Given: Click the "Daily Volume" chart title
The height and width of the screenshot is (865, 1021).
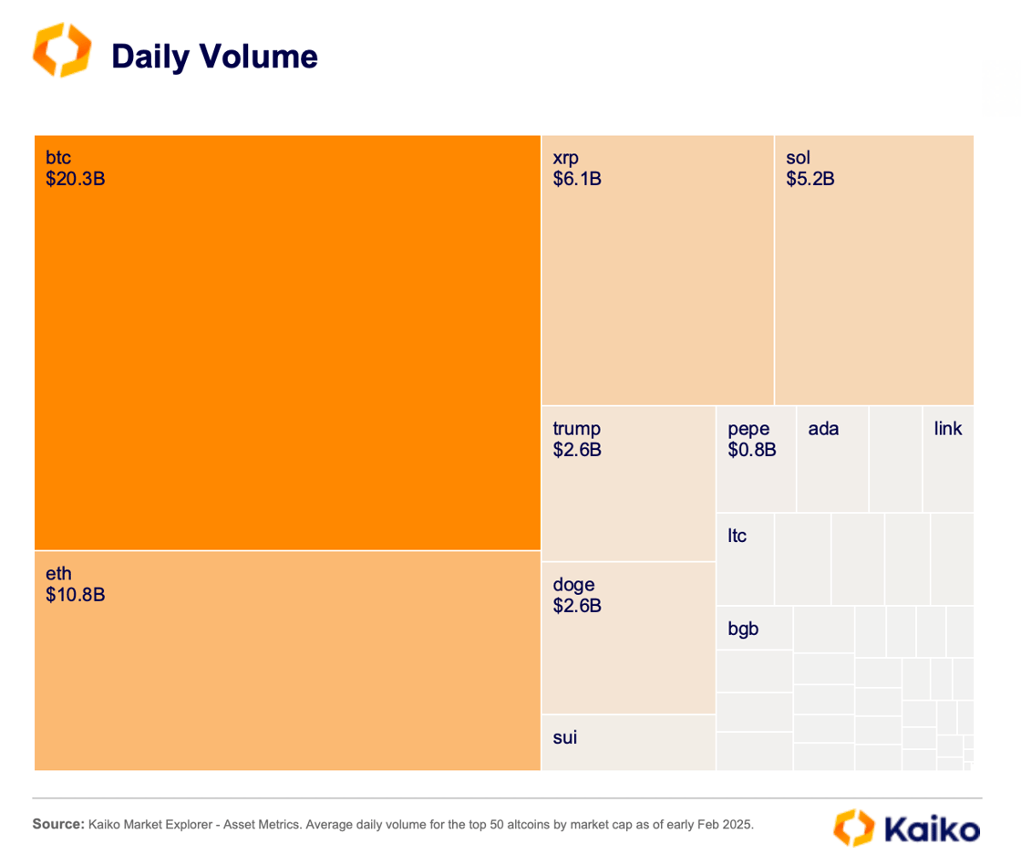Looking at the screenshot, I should point(214,57).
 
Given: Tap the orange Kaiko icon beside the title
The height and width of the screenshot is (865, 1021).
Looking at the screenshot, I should point(62,50).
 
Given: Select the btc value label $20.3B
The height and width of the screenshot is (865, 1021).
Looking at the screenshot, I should point(76,179).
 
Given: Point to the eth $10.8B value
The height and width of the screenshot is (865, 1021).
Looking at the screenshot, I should point(76,595).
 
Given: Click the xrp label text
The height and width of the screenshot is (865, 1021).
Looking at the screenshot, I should point(565,158).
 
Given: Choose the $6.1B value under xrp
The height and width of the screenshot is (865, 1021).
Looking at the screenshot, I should point(577,179).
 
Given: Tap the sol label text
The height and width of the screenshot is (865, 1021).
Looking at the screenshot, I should point(798,158).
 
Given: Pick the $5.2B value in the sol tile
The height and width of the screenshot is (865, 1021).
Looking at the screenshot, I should point(810,179).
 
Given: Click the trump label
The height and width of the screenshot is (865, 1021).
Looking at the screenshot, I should point(576,429).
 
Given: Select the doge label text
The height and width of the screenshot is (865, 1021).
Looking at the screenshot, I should point(573,585).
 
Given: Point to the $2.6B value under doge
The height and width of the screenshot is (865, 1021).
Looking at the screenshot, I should point(577,606).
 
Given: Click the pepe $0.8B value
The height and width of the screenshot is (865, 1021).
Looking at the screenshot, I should point(752,450).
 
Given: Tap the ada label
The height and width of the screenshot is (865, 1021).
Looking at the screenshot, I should point(823,429).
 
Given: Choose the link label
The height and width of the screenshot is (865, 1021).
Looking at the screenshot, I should point(948,429).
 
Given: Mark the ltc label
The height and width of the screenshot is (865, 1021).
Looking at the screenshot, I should point(737,536).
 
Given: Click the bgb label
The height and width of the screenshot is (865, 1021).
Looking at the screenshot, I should point(743,629).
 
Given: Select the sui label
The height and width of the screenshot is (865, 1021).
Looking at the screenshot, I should point(565,737).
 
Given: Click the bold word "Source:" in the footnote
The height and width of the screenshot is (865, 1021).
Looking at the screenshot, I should point(58,824).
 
